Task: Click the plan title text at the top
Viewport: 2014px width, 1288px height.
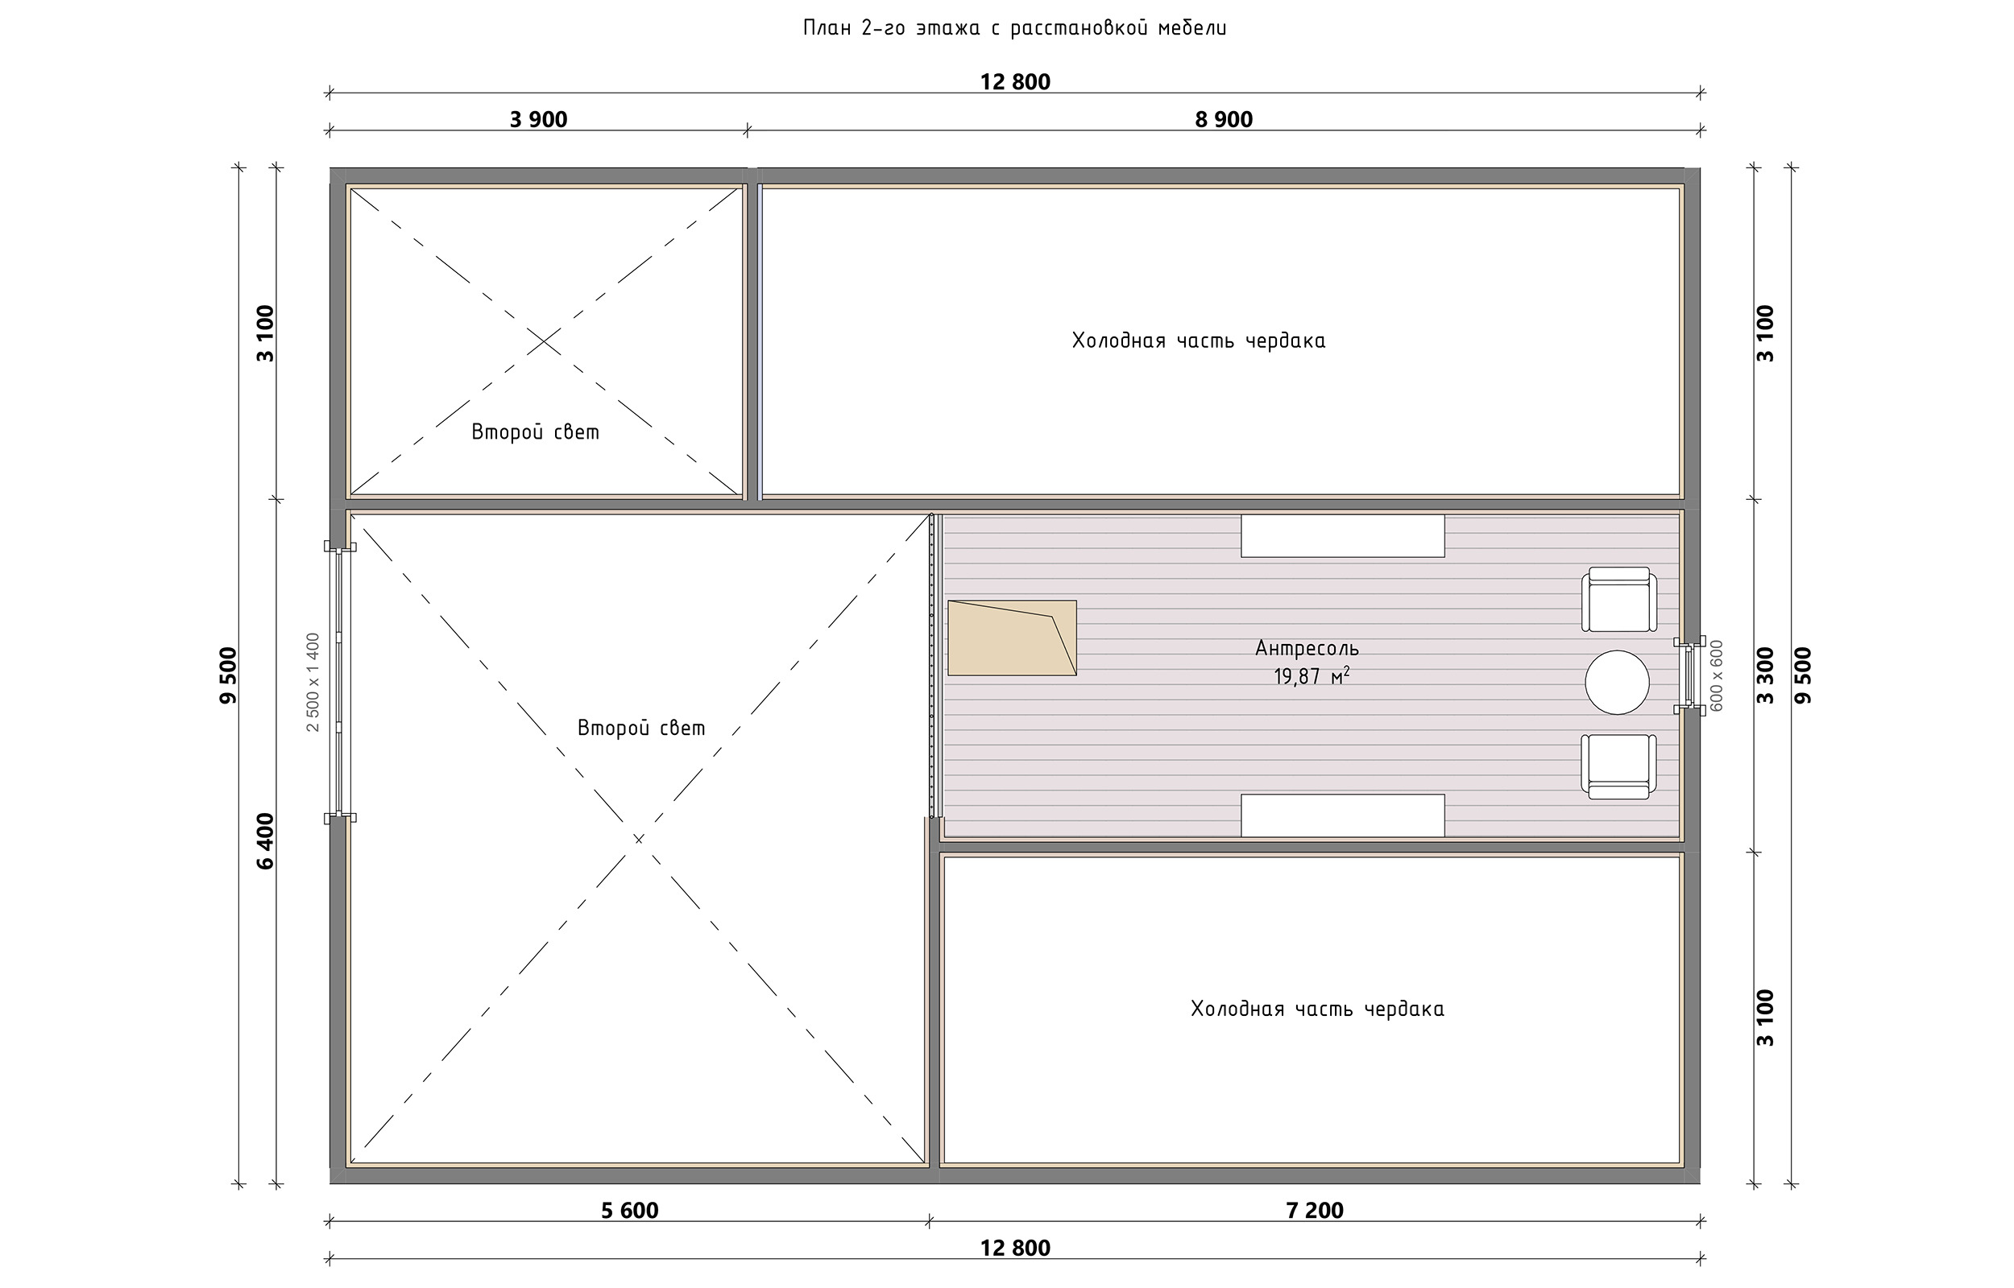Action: coord(1015,28)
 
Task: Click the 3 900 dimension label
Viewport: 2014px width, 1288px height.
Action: coord(538,120)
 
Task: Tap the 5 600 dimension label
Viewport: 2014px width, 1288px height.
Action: coord(629,1210)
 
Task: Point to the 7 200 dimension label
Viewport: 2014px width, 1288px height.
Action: coord(1315,1210)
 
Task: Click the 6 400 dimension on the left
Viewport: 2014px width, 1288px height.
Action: coord(265,840)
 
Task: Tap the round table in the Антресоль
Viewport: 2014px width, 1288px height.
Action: coord(1617,683)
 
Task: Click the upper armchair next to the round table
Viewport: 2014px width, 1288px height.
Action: coord(1618,600)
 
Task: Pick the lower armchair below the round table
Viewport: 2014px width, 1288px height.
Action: coord(1618,766)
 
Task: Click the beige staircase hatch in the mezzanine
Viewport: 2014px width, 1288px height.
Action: coord(1012,638)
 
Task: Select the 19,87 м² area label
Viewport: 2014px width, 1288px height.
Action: coord(1312,675)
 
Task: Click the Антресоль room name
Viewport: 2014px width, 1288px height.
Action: coord(1307,647)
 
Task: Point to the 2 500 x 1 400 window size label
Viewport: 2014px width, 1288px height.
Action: coord(313,682)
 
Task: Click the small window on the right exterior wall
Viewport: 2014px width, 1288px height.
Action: coord(1689,675)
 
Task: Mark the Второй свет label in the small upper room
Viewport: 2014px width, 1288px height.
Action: coord(536,432)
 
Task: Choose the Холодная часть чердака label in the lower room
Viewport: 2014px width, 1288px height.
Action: coord(1317,1009)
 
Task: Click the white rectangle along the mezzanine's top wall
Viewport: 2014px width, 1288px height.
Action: coord(1342,535)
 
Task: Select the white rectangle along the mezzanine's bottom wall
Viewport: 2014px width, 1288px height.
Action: coord(1342,815)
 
